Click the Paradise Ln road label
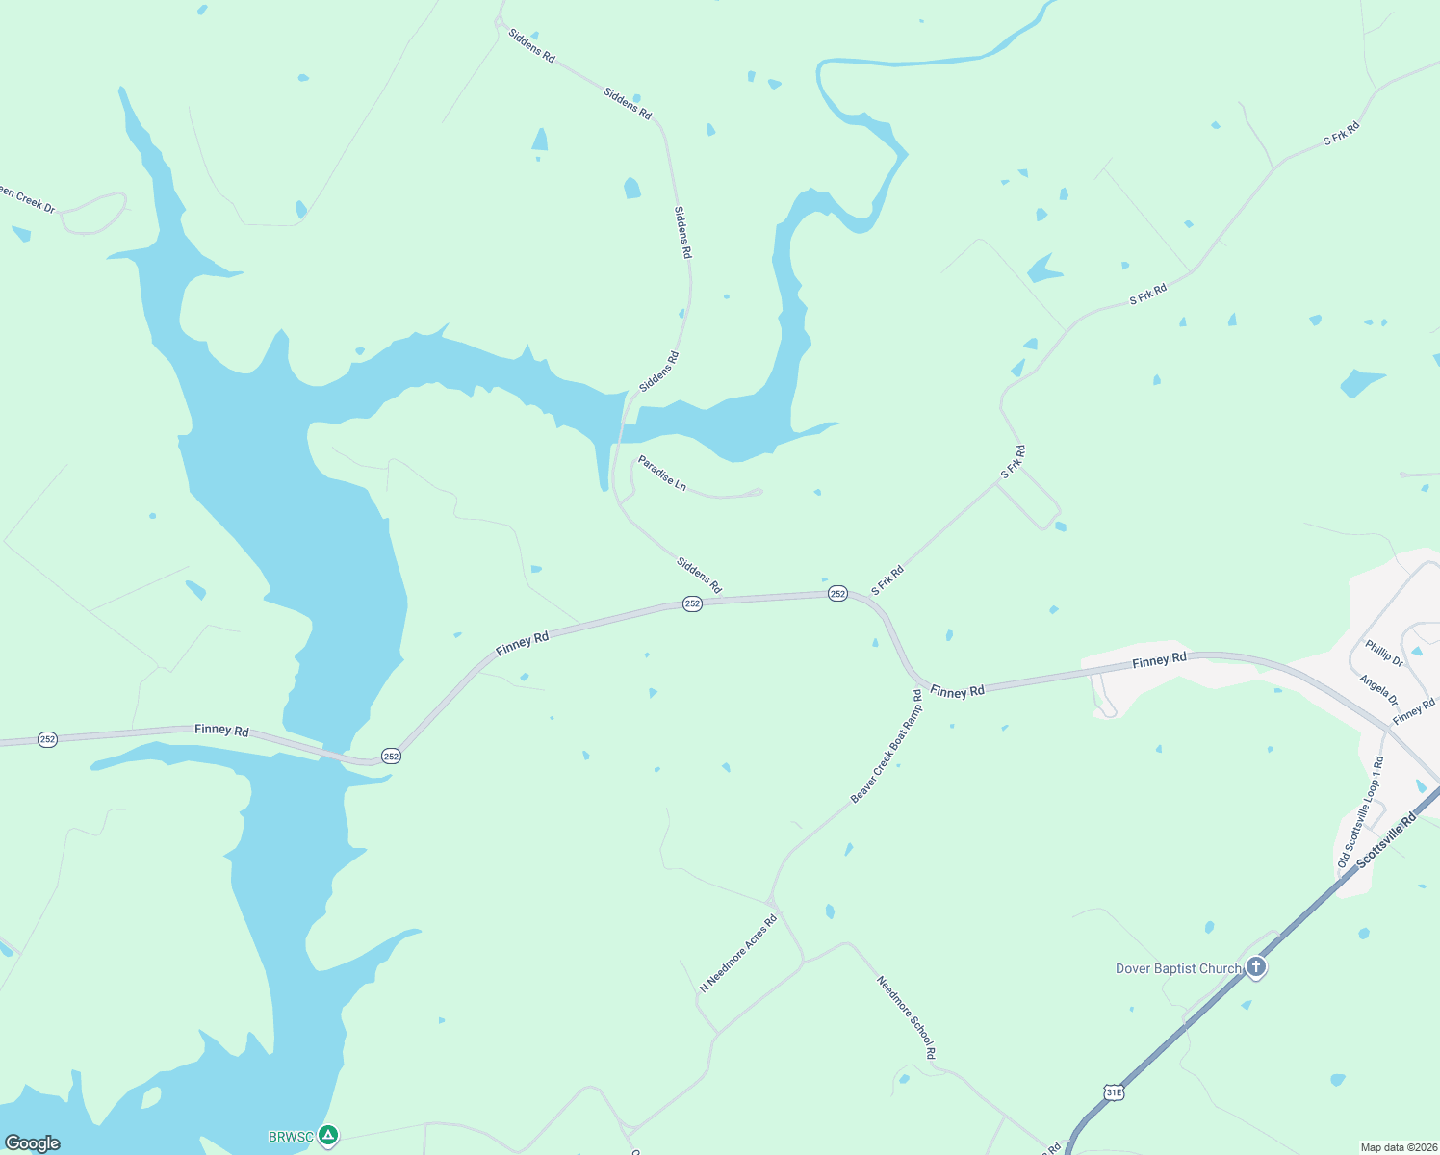coord(662,474)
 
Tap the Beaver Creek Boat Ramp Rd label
coord(887,746)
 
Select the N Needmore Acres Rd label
coord(738,954)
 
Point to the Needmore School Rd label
coord(906,1017)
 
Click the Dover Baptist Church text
coord(1178,968)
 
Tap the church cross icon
coord(1255,966)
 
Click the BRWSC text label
coord(291,1137)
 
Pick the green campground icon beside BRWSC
coord(328,1136)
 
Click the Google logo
coord(32,1143)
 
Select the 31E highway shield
coord(1114,1092)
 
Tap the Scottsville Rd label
coord(1387,840)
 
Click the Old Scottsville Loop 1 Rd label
coord(1360,812)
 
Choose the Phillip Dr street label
coord(1384,653)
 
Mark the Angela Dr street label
coord(1378,690)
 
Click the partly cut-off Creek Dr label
coord(27,199)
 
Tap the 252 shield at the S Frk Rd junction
coord(837,594)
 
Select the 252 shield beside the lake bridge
coord(390,757)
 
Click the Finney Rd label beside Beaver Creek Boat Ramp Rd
coord(957,691)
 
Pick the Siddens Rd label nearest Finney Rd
coord(699,575)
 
